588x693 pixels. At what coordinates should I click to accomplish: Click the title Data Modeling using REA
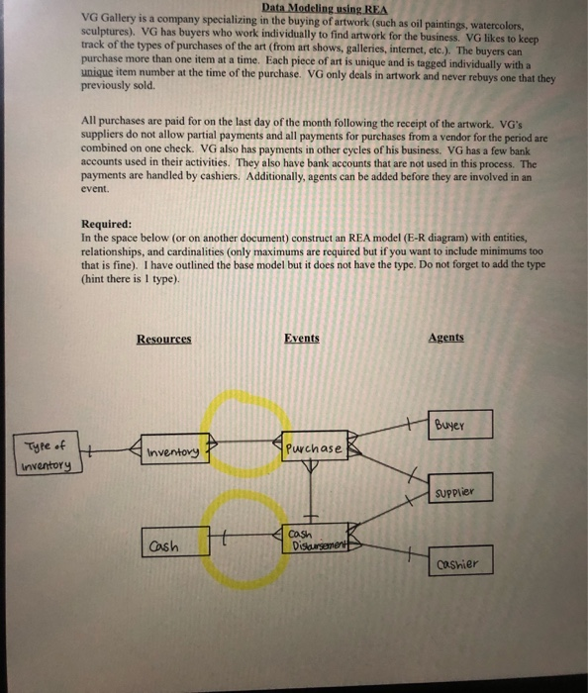pyautogui.click(x=322, y=9)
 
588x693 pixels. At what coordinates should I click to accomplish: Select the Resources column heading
pyautogui.click(x=164, y=339)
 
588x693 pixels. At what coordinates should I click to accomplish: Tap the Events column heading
pyautogui.click(x=301, y=339)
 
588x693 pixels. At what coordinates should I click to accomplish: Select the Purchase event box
pyautogui.click(x=313, y=448)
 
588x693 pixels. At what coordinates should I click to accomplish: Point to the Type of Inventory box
pyautogui.click(x=47, y=456)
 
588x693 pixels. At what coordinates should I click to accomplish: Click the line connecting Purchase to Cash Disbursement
pyautogui.click(x=310, y=495)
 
